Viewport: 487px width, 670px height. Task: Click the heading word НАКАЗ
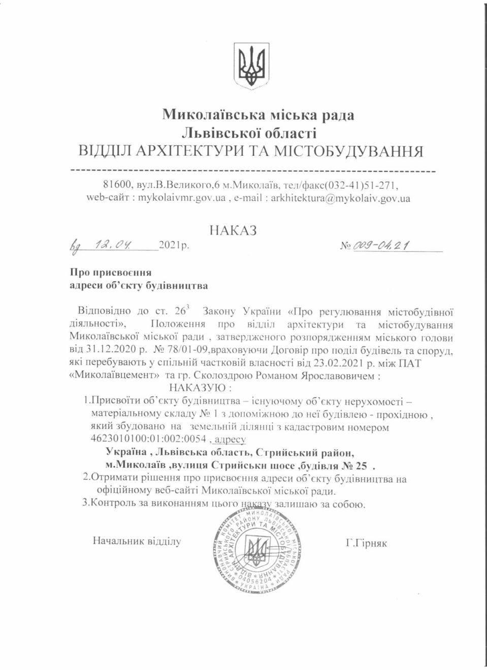point(233,230)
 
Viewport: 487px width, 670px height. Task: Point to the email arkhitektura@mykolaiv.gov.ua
point(340,198)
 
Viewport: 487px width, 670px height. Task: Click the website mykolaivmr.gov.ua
point(182,198)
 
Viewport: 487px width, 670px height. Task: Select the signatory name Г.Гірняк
point(366,543)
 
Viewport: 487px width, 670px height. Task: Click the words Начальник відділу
point(137,541)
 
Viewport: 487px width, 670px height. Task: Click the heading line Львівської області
point(249,133)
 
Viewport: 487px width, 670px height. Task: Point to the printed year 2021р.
point(174,246)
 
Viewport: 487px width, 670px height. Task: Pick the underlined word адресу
point(231,439)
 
